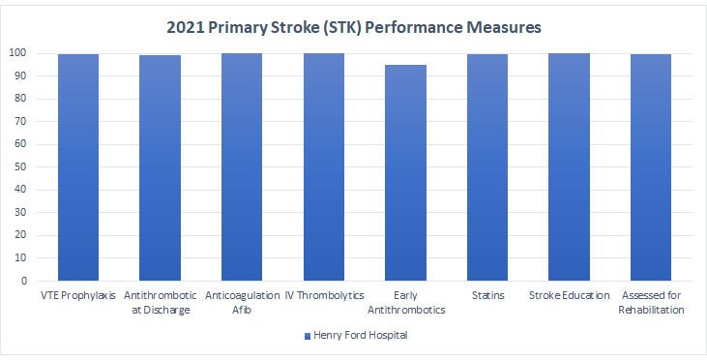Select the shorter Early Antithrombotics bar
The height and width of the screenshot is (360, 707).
pos(405,173)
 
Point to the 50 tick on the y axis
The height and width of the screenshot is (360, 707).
pos(21,167)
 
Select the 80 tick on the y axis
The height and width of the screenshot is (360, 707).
pos(21,99)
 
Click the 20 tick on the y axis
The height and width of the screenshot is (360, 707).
pos(21,236)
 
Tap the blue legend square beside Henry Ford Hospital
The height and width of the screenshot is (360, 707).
pos(308,336)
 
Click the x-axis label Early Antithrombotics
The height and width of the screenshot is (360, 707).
pos(405,302)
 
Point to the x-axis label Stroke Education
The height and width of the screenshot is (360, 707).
pos(569,295)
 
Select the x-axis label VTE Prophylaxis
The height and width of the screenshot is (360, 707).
pos(78,295)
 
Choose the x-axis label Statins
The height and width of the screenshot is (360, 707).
pos(486,295)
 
